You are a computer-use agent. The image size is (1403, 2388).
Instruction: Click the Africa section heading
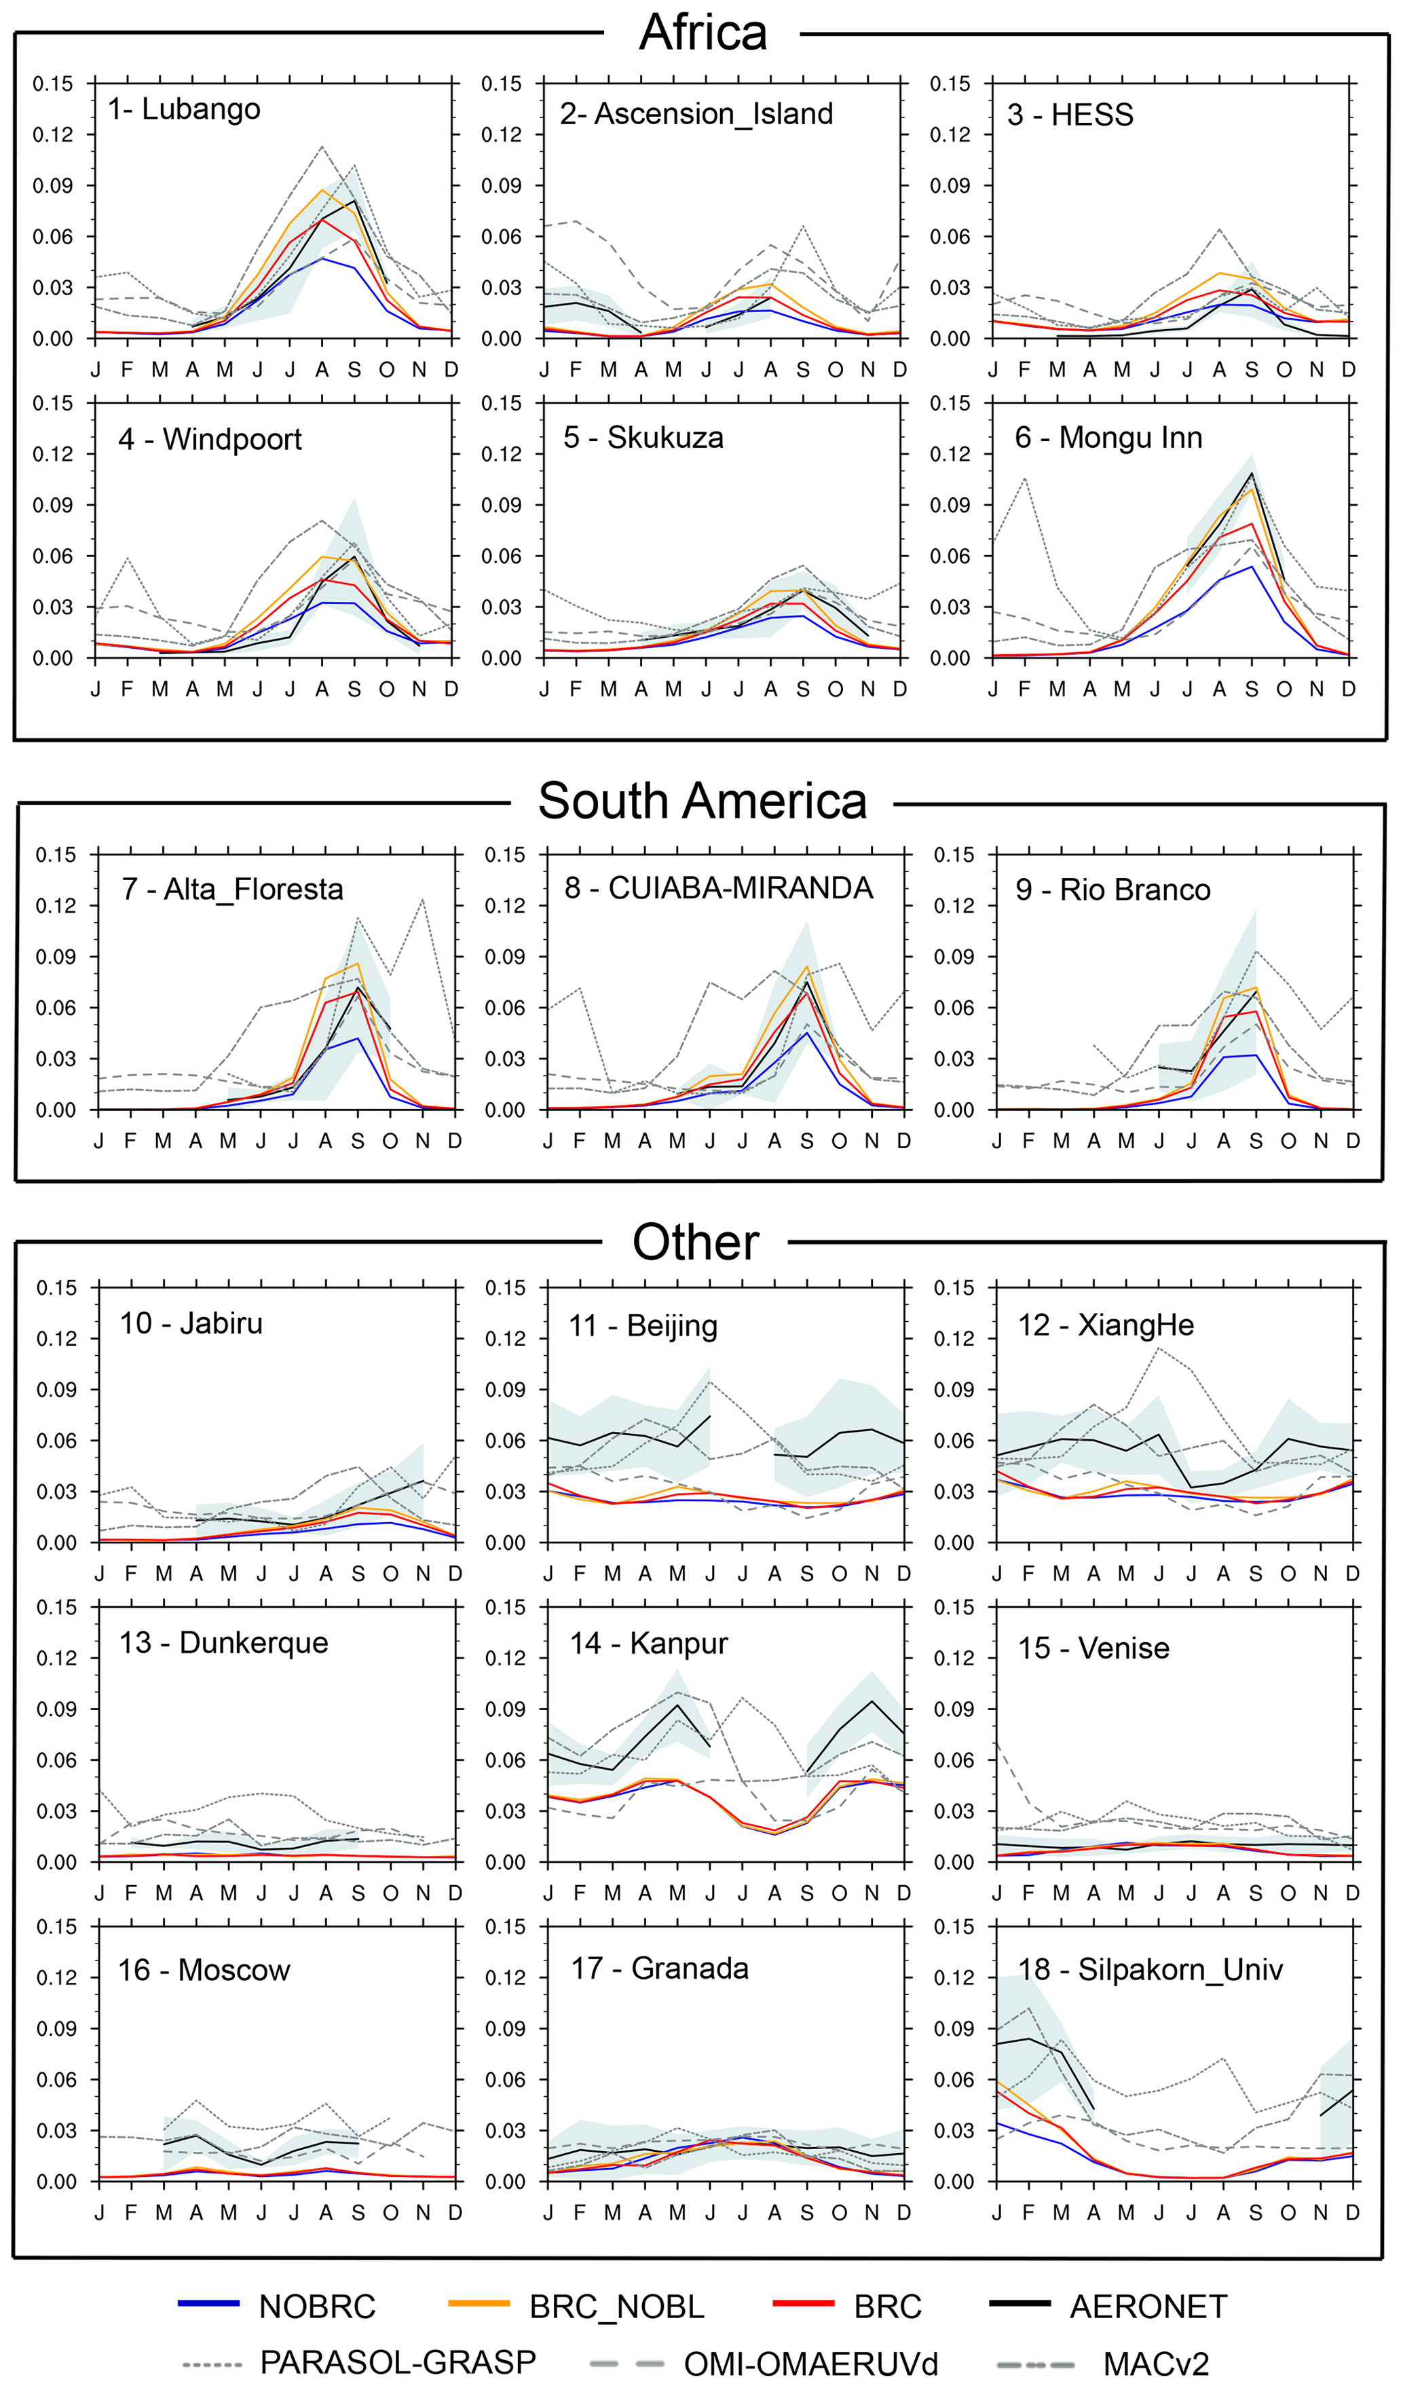pyautogui.click(x=703, y=33)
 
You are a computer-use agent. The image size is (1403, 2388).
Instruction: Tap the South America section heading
pyautogui.click(x=703, y=801)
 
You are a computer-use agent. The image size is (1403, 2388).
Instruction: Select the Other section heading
pyautogui.click(x=696, y=1243)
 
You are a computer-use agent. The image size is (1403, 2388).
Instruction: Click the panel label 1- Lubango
pyautogui.click(x=184, y=109)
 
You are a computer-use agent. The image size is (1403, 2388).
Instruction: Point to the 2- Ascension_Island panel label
pyautogui.click(x=696, y=114)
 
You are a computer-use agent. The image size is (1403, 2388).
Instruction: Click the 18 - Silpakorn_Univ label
pyautogui.click(x=1150, y=1969)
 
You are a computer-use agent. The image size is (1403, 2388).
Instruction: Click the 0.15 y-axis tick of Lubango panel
pyautogui.click(x=53, y=83)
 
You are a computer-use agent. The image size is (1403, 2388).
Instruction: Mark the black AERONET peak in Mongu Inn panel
pyautogui.click(x=1252, y=473)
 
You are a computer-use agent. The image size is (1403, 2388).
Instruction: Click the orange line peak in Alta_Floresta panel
pyautogui.click(x=358, y=964)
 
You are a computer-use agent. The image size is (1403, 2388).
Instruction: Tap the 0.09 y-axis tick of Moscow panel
pyautogui.click(x=57, y=2029)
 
